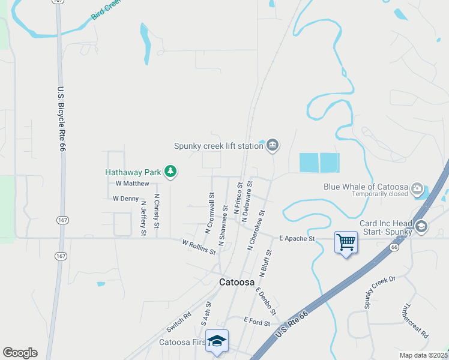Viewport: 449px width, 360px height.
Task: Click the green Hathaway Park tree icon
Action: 171,172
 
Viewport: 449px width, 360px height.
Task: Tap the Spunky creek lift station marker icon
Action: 273,145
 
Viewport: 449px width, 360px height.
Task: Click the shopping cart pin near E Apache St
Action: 346,242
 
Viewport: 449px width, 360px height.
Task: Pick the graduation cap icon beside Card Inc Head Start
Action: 421,227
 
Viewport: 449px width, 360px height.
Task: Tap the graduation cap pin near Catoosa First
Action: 217,341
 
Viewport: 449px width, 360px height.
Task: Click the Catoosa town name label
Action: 237,282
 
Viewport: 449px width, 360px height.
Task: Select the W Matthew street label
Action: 132,184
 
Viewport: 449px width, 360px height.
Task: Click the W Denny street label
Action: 125,199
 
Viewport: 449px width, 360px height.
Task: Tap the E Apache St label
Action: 297,239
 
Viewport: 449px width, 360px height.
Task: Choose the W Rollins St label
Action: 199,247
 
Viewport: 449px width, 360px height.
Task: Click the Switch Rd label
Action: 178,322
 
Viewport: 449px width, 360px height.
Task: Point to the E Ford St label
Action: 257,322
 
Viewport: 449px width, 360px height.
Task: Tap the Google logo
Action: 20,353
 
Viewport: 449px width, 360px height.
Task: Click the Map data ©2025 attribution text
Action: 423,355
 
